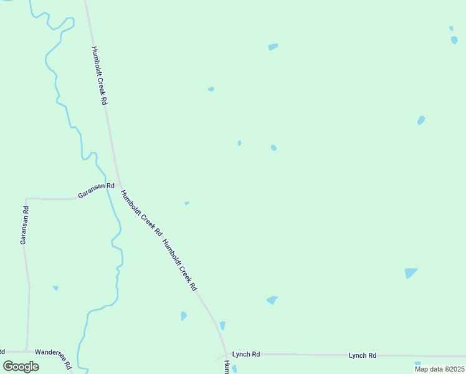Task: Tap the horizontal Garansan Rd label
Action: coord(96,190)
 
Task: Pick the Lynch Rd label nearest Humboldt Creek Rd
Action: coord(245,354)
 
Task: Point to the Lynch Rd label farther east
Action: coord(362,355)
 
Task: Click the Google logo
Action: coord(21,367)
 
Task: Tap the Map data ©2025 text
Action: coord(440,369)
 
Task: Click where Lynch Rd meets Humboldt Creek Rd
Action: coord(227,354)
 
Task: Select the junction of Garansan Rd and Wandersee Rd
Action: coord(26,351)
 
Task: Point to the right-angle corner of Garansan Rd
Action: coord(26,199)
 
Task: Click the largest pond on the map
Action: coord(410,272)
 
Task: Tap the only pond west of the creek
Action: coord(55,287)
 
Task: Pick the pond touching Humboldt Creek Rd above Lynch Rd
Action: coord(222,325)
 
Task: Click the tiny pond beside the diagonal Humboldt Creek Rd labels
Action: coord(186,203)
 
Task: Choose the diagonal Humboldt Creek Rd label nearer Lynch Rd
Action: coord(179,265)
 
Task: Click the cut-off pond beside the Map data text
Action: coord(417,363)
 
